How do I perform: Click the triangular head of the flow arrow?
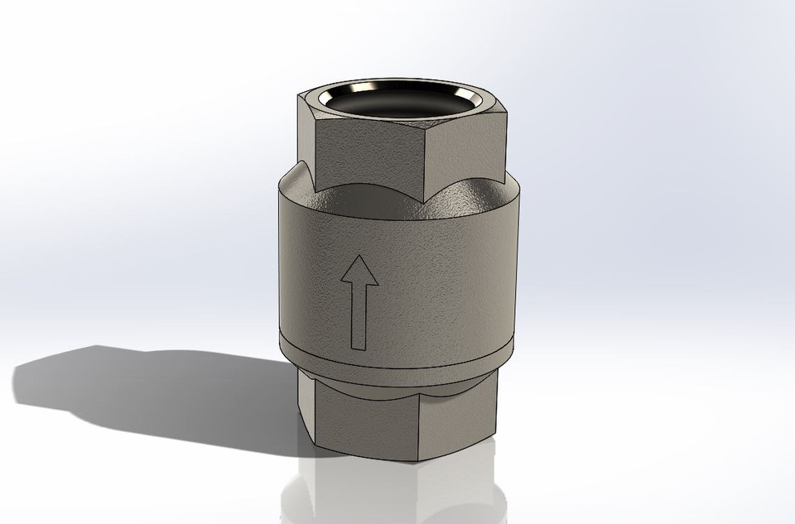(x=359, y=274)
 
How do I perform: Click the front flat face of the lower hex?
(x=373, y=422)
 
